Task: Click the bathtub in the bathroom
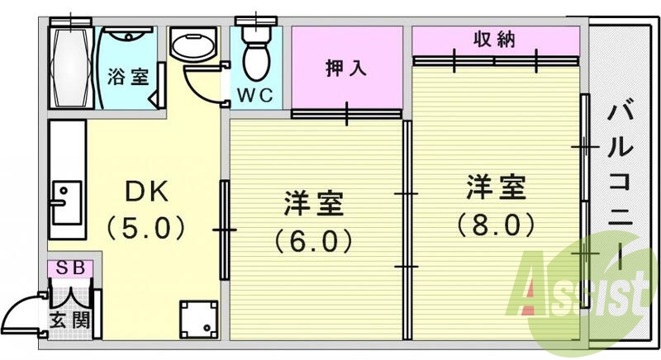point(70,66)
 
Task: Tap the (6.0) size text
point(313,240)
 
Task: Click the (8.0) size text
point(495,224)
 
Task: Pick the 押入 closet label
point(345,68)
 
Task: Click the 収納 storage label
point(495,38)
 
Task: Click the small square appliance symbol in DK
point(199,318)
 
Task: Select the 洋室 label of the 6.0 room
point(313,203)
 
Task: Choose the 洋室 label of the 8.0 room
point(495,187)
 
